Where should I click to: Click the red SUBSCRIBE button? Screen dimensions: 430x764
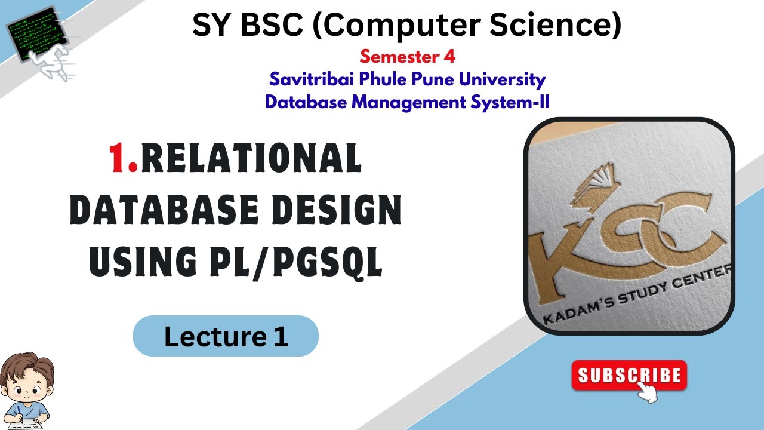coord(629,376)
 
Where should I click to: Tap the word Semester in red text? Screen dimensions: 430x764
coord(397,57)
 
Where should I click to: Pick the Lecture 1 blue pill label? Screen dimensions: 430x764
coord(226,336)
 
